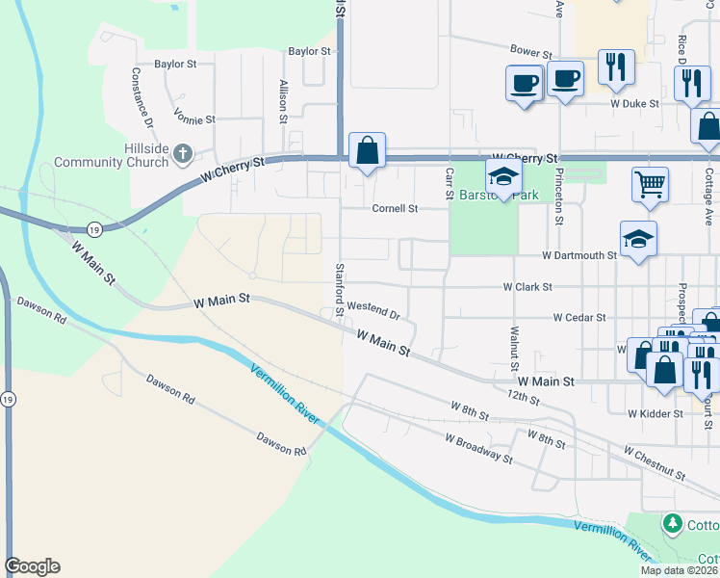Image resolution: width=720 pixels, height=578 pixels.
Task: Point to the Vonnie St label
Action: tap(194, 119)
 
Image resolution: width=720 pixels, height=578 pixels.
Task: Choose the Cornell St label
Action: tap(396, 208)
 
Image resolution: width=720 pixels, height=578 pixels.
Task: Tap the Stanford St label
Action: tap(340, 290)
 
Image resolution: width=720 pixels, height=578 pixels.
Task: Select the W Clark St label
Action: tap(527, 287)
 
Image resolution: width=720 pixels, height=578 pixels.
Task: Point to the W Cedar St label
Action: tap(579, 317)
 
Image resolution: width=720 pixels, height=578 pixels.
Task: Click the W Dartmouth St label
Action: tap(579, 255)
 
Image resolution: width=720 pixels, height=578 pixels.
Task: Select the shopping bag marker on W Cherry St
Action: tap(367, 150)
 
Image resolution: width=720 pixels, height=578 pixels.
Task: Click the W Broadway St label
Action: tap(478, 448)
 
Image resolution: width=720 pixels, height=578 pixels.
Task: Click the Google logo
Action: tap(32, 566)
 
